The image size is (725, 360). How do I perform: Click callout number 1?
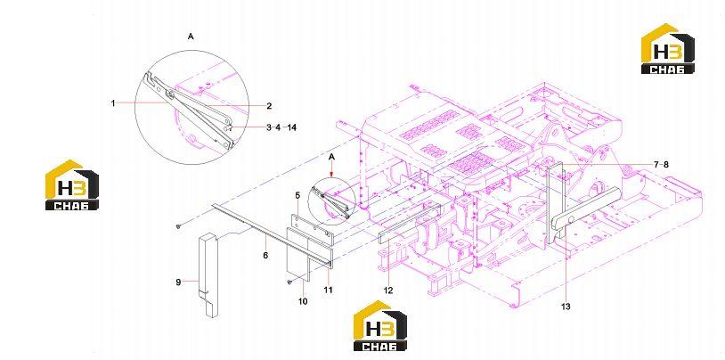pos(113,103)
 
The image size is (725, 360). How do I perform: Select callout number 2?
pos(269,106)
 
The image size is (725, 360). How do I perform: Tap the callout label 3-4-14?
pos(281,127)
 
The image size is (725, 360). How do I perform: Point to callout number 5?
pos(298,196)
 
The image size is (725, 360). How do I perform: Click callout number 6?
pos(266,255)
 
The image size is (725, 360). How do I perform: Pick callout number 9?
pos(178,282)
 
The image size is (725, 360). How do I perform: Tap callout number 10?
pos(303,301)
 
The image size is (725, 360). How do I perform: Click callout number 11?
pos(328,290)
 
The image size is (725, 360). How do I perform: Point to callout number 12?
pos(388,290)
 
